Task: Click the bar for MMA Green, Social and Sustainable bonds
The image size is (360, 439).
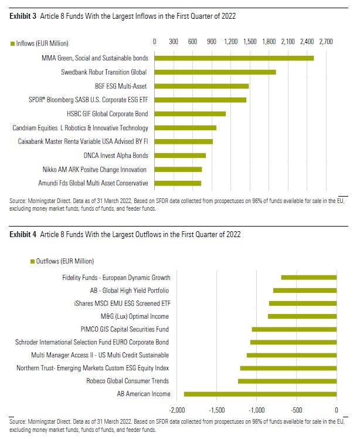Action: point(234,58)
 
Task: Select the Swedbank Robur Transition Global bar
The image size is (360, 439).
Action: point(215,72)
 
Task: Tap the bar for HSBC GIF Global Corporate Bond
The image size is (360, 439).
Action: point(190,114)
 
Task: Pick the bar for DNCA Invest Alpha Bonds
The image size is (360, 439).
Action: point(180,156)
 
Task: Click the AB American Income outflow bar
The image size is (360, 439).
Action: point(260,394)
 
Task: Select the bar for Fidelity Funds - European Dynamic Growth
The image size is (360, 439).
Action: point(309,277)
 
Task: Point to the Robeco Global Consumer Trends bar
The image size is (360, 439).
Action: point(287,381)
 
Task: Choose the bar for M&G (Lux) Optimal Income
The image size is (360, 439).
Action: point(303,316)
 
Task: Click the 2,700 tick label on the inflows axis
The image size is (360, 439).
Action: point(325,42)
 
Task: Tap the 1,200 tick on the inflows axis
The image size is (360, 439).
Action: point(230,42)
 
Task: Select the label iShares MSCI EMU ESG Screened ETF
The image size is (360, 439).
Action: point(120,303)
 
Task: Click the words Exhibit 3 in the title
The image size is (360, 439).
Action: point(23,17)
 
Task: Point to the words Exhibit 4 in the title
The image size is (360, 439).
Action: point(23,234)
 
